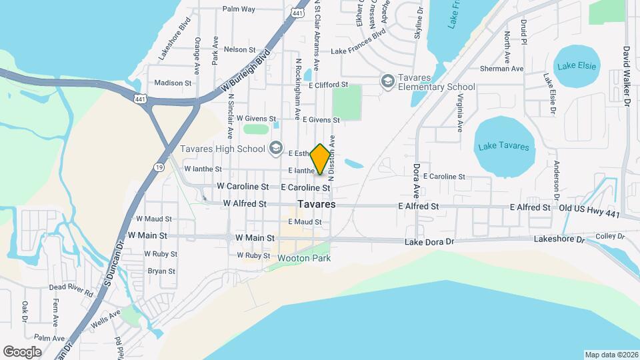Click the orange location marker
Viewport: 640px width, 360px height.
coord(321,159)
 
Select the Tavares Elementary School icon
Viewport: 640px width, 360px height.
coord(387,81)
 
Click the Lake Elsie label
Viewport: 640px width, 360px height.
coord(577,65)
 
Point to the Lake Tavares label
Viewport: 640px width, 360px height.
coord(505,147)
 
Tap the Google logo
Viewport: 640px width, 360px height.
coord(22,351)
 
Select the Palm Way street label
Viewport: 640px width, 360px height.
coord(239,9)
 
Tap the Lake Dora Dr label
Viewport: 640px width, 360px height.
coord(429,241)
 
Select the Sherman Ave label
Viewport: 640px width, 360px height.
coord(501,69)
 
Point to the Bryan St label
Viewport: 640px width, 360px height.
coord(161,271)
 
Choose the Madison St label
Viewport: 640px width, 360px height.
coord(173,83)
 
